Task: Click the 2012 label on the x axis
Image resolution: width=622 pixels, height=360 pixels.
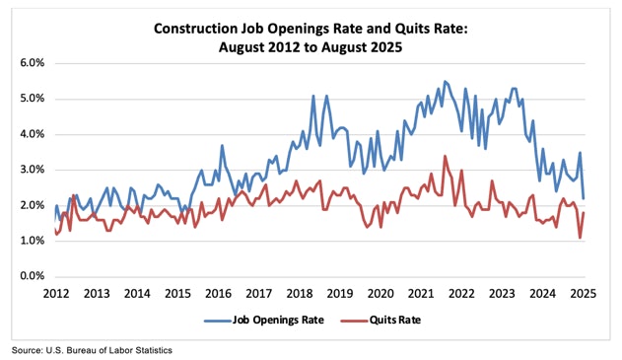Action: pos(55,293)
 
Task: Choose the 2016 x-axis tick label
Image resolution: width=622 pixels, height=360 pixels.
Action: pos(218,293)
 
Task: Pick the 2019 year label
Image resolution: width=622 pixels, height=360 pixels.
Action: pos(340,293)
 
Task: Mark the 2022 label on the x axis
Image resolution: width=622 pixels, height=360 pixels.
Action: pos(462,293)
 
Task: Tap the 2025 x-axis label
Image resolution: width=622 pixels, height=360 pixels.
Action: pos(584,293)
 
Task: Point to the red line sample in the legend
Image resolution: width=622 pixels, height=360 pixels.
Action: pos(359,320)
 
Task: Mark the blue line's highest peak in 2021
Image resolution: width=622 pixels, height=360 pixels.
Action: pos(445,81)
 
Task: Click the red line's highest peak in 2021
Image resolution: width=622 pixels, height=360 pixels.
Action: pos(445,156)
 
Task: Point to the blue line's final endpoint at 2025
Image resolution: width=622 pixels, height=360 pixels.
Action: pos(584,198)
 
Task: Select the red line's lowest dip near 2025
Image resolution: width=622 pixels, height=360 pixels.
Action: pos(580,238)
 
